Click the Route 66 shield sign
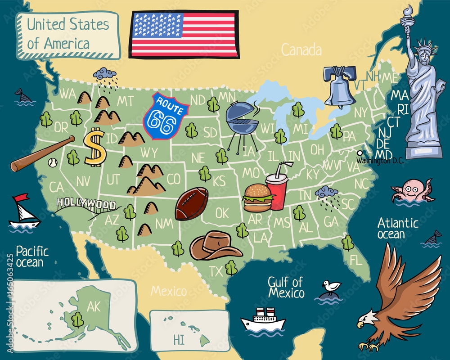(165, 116)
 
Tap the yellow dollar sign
(95, 146)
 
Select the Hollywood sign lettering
(85, 205)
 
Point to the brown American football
(192, 203)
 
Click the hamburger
(257, 198)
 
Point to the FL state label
(356, 260)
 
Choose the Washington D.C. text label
(381, 160)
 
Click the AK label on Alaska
(93, 307)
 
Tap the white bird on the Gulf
(332, 286)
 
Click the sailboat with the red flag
(23, 211)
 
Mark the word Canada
(301, 49)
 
